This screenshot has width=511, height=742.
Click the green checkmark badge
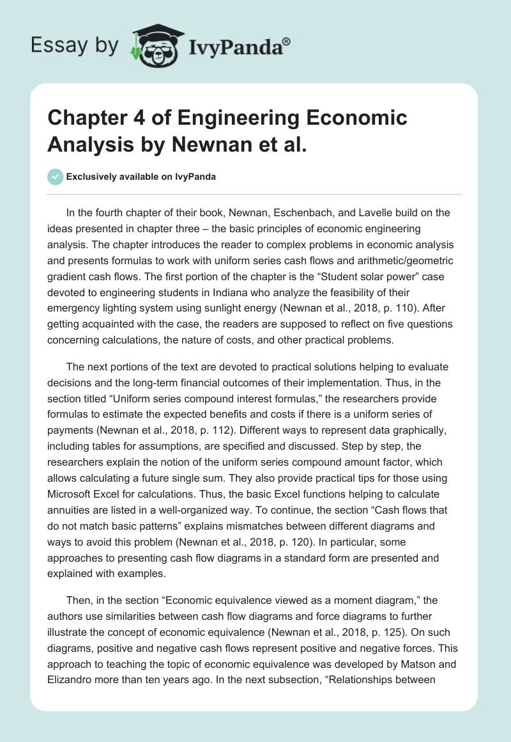click(56, 177)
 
